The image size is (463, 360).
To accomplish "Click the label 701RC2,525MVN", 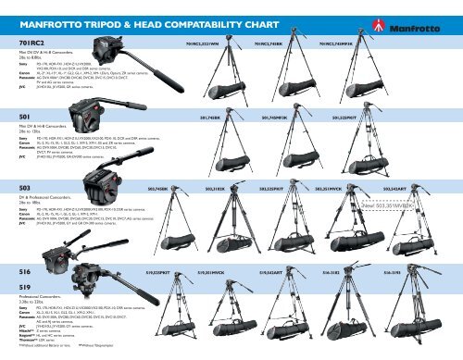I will click(206, 42).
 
